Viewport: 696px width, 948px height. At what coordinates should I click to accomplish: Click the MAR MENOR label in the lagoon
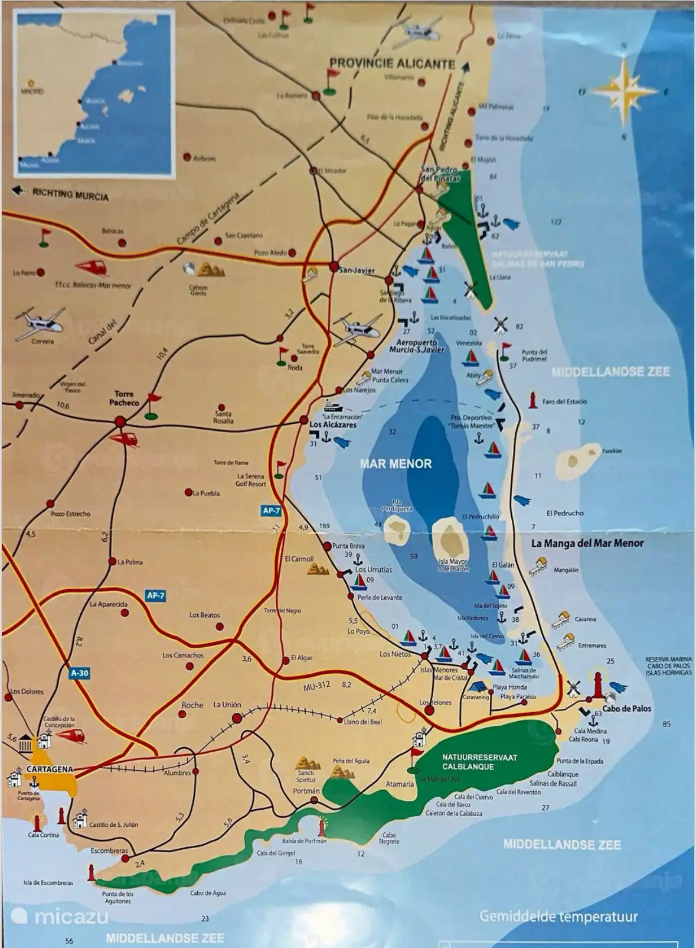click(396, 464)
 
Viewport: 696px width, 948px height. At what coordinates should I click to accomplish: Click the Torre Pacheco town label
click(124, 398)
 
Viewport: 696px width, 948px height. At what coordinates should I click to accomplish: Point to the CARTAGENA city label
click(50, 769)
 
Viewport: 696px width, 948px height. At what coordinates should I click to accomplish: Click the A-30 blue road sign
click(80, 673)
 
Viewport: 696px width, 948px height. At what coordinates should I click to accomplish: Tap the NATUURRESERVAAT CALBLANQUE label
click(480, 762)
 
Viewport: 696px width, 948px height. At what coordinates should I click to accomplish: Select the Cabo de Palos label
click(626, 708)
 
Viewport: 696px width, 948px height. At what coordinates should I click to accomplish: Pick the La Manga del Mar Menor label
click(587, 543)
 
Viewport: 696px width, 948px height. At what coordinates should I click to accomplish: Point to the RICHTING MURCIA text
click(70, 194)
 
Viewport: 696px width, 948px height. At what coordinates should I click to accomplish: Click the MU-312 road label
click(316, 686)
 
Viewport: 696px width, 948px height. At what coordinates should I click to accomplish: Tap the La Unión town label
click(227, 704)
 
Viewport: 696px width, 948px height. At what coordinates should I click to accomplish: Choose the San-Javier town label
click(357, 270)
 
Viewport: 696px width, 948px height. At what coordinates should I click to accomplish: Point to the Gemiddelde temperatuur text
click(558, 917)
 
